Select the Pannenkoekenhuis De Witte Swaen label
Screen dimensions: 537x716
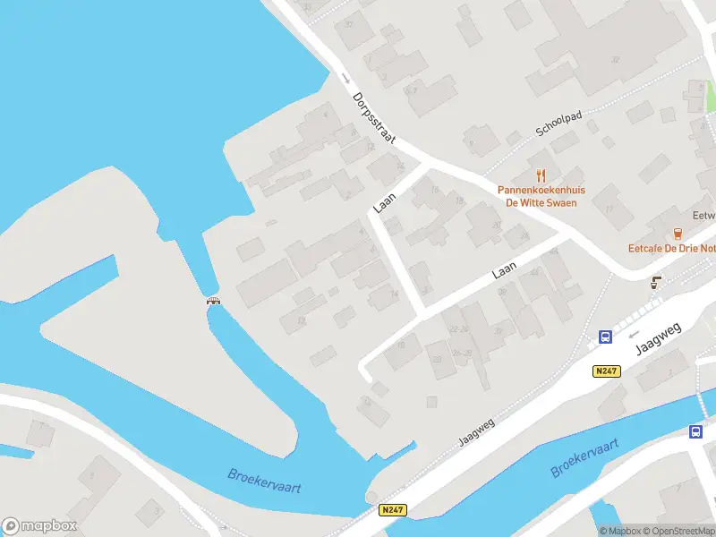click(541, 196)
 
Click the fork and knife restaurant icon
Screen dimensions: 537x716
click(541, 175)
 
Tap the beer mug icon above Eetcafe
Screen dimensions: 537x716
click(678, 232)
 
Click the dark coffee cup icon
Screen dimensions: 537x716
click(656, 283)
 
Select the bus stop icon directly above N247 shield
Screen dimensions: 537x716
click(606, 337)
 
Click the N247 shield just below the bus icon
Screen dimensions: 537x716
click(607, 371)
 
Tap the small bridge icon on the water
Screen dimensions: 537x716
click(214, 301)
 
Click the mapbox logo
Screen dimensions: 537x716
click(40, 526)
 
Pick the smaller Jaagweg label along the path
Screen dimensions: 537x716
click(476, 430)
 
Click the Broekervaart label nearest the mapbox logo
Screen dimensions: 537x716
click(264, 481)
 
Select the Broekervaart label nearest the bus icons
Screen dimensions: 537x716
click(586, 456)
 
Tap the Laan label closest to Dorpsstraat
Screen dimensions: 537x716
click(385, 200)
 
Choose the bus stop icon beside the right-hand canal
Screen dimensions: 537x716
click(695, 432)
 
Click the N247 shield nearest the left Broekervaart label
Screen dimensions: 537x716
click(392, 510)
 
